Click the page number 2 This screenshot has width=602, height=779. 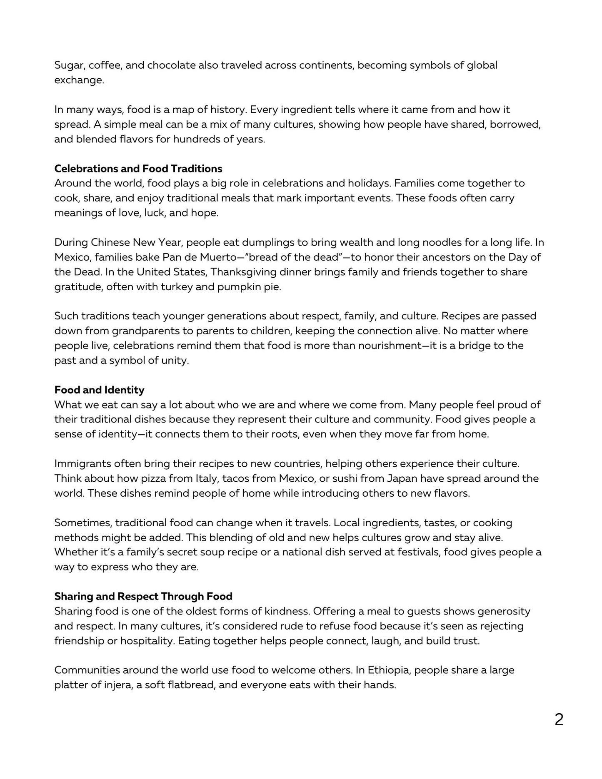tap(559, 720)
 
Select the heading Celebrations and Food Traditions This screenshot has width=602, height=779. tap(138, 169)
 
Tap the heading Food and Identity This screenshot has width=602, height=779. tap(99, 390)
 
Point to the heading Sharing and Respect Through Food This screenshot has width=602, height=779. tap(143, 596)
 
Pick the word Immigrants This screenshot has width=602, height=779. tap(82, 464)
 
